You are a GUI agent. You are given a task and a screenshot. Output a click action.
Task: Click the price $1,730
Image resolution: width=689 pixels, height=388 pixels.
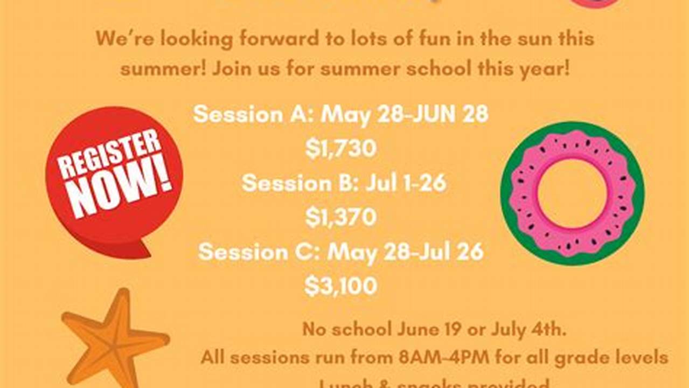tap(340, 148)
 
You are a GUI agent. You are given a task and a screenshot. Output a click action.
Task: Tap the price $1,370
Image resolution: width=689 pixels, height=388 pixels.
tap(340, 217)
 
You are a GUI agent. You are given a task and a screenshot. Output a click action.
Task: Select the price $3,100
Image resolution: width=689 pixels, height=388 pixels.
tap(340, 286)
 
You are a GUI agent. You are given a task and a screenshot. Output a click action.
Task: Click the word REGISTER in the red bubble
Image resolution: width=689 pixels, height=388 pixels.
tap(110, 153)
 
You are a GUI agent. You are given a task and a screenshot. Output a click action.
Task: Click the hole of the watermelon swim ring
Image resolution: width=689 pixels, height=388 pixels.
tap(572, 193)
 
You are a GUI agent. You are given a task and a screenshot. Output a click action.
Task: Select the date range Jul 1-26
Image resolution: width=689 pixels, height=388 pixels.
tap(406, 183)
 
